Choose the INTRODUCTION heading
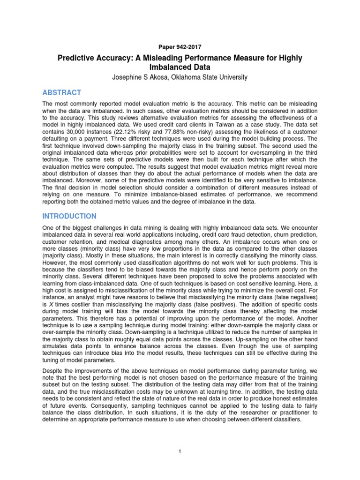point(69,216)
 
